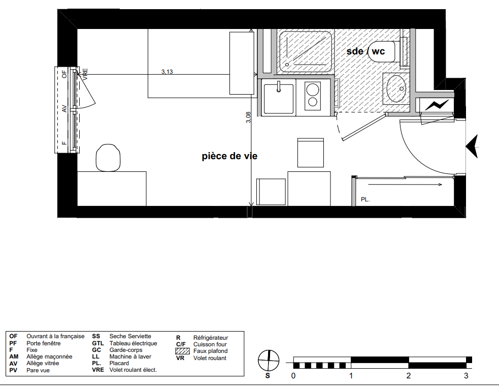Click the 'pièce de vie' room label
(229, 156)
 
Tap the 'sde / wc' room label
(365, 51)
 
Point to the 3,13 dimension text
(167, 72)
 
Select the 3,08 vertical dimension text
(249, 117)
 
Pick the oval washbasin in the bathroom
(396, 88)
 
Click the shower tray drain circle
(287, 65)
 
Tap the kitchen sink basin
(279, 99)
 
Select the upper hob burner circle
(313, 89)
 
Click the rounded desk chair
(108, 158)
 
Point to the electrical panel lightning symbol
(437, 105)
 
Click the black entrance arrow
(472, 146)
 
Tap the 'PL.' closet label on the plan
(365, 199)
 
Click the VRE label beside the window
(85, 74)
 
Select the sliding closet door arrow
(405, 185)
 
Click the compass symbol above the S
(269, 361)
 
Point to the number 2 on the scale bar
(409, 376)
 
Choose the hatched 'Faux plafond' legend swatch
(183, 351)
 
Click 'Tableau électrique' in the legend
(134, 343)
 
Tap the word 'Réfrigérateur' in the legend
(211, 338)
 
